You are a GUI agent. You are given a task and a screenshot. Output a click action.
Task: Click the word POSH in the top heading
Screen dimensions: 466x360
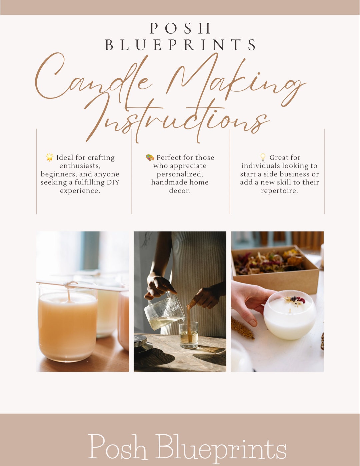180,29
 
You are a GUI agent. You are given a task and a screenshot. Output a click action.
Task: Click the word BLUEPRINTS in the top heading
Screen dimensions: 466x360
180,45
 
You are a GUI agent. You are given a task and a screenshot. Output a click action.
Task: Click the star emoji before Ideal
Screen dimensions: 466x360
50,157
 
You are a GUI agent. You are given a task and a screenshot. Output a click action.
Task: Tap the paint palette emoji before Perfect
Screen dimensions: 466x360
150,157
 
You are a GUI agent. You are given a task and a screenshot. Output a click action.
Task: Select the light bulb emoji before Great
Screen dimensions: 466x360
263,157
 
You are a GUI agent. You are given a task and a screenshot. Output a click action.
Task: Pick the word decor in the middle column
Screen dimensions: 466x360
180,191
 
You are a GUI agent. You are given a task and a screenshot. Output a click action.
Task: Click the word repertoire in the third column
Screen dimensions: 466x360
279,191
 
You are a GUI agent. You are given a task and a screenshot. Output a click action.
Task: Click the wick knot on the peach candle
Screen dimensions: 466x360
69,284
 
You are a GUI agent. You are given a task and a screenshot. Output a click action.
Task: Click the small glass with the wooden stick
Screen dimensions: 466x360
189,335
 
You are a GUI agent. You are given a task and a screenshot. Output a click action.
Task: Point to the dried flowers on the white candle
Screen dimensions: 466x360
295,300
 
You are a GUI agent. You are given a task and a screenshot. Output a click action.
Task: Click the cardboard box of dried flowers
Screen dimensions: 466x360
275,267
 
